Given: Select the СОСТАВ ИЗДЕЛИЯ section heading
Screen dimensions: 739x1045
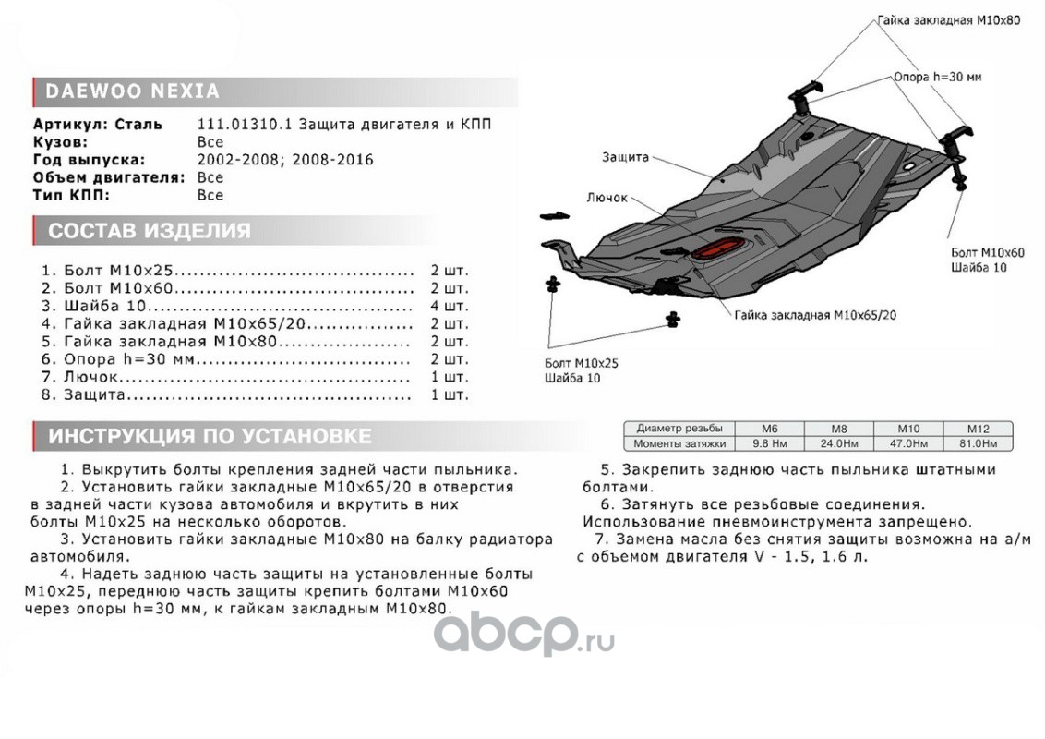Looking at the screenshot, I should [149, 231].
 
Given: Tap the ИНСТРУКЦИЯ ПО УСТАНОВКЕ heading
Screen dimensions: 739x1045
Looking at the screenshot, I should [210, 436].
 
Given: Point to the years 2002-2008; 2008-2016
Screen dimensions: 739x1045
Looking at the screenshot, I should [285, 160].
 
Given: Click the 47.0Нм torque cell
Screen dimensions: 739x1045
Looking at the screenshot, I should [908, 443].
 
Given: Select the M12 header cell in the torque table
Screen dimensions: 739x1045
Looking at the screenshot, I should [977, 429].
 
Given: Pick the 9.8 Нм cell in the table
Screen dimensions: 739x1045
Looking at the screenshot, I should [770, 443].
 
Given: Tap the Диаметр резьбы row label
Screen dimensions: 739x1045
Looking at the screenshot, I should [679, 429].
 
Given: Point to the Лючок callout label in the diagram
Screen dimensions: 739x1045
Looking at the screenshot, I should [606, 198].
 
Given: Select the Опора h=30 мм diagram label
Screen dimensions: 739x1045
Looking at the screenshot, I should [936, 78].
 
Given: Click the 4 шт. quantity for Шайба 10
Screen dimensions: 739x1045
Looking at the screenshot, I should [449, 306].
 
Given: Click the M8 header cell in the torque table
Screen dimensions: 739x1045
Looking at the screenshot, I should [838, 429].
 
